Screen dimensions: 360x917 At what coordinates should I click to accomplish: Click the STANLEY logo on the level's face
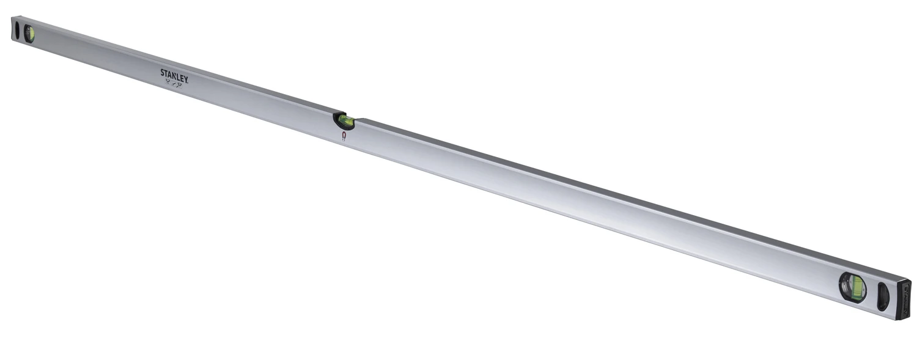point(174,75)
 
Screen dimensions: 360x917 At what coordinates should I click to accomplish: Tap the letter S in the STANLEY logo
point(163,72)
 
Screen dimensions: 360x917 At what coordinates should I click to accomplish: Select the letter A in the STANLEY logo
point(169,74)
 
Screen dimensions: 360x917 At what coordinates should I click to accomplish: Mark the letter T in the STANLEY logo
point(166,73)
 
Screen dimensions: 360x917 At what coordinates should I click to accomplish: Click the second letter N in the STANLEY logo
point(174,75)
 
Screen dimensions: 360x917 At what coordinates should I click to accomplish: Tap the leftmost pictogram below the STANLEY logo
point(168,82)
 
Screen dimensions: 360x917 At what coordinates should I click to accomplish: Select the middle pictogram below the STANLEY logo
point(174,84)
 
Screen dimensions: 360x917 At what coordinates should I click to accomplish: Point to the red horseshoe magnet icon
point(344,136)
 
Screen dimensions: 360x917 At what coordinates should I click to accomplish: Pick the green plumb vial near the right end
point(858,287)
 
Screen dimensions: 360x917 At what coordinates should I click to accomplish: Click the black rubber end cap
point(904,299)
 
